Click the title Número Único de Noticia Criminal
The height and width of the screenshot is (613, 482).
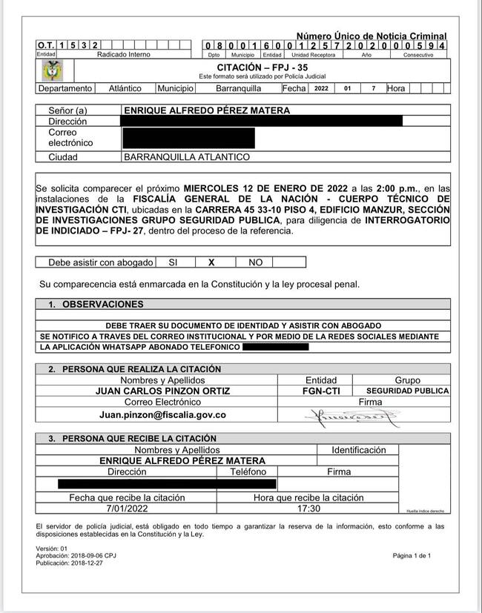(x=372, y=36)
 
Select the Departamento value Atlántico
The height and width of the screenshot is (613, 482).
(x=125, y=88)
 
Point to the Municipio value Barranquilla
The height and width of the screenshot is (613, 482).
(x=238, y=88)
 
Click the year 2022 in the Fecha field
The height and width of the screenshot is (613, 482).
(x=321, y=88)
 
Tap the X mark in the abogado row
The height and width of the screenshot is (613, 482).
(x=211, y=262)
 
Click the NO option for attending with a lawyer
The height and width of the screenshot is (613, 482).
(x=255, y=262)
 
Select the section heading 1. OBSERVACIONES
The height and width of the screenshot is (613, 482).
(x=96, y=304)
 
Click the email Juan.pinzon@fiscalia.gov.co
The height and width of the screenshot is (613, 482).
(x=162, y=415)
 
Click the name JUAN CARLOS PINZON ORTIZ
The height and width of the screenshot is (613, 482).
(x=162, y=391)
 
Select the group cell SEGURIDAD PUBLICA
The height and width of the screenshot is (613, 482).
(x=407, y=391)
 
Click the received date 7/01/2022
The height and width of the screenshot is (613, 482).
(x=127, y=509)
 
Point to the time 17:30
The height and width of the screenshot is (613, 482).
(x=308, y=509)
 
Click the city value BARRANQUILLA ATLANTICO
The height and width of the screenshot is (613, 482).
(x=187, y=157)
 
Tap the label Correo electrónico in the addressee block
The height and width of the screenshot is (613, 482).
(x=70, y=137)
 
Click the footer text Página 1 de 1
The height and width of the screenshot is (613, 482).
(x=412, y=555)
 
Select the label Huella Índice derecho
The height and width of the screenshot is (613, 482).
(x=425, y=511)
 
